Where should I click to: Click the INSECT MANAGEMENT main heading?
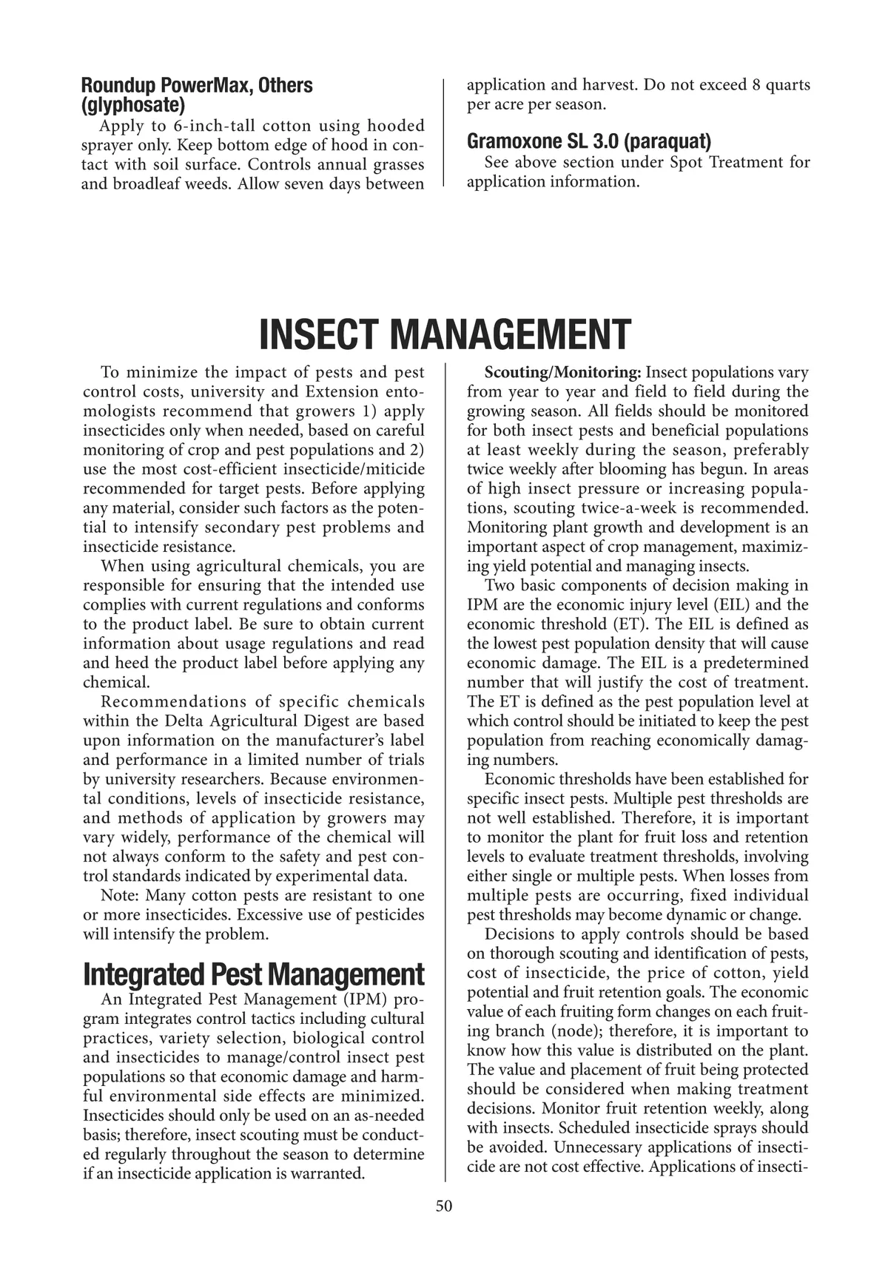coord(444,334)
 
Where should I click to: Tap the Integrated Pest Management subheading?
coord(254,974)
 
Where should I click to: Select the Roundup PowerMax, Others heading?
coord(197,85)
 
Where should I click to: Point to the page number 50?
coord(444,1206)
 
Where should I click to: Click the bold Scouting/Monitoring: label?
coord(562,373)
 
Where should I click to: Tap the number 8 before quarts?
coord(756,85)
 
